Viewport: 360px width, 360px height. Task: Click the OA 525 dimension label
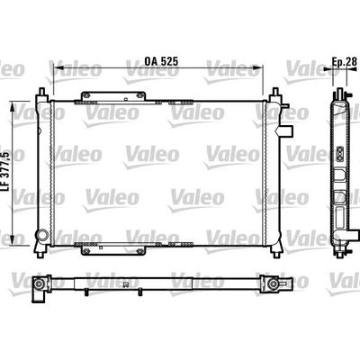click(161, 61)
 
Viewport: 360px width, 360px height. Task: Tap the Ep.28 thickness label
click(345, 61)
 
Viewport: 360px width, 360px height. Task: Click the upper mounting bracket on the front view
click(113, 96)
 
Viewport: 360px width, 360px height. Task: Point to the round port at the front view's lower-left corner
click(41, 235)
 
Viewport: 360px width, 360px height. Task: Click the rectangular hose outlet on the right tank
click(286, 131)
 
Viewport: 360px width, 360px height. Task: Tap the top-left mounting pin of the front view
click(41, 91)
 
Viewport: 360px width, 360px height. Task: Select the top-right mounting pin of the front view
click(275, 91)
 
